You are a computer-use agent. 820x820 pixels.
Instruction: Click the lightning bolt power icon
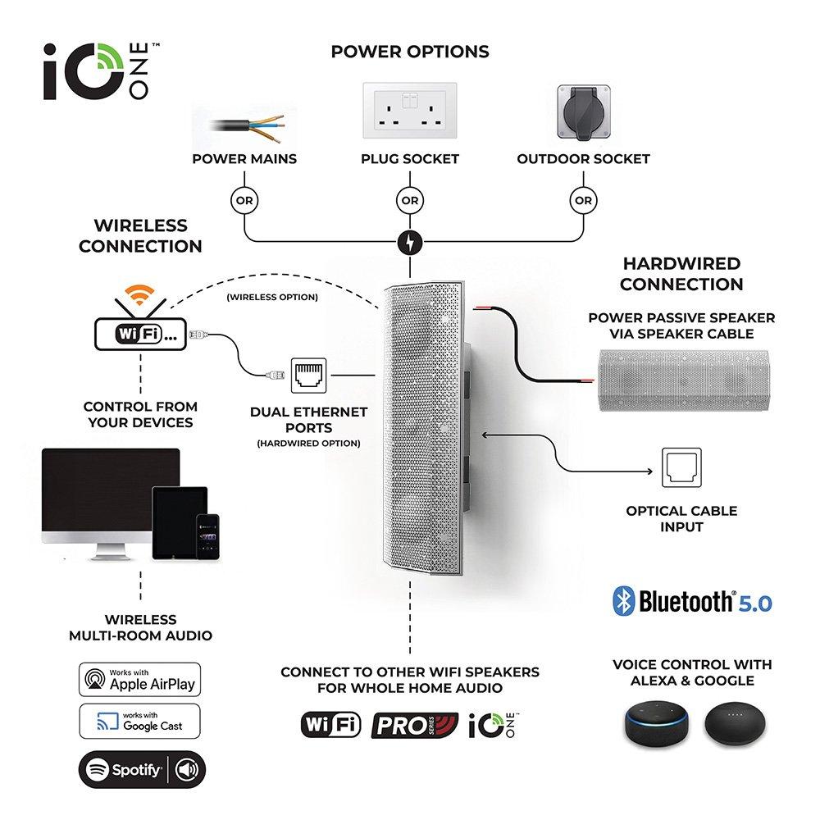(410, 243)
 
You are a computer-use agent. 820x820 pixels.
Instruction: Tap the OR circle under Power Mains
(244, 200)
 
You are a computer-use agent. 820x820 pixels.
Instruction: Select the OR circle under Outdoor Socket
(583, 200)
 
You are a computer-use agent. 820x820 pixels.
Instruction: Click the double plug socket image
(410, 111)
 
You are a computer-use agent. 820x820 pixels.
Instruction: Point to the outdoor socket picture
(584, 112)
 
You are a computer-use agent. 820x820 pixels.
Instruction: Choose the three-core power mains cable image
(247, 127)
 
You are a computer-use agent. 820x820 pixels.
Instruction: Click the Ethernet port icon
(308, 376)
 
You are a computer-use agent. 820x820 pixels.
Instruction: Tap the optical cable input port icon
(681, 467)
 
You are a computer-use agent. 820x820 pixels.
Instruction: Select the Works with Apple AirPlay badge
(139, 679)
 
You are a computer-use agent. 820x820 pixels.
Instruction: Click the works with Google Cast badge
(139, 721)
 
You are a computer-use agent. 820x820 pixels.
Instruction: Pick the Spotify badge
(142, 769)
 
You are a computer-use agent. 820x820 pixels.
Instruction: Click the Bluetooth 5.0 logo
(692, 601)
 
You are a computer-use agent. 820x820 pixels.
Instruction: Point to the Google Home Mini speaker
(735, 724)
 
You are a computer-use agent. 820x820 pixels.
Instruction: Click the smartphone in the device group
(207, 537)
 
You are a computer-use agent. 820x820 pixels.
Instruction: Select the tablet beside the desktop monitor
(180, 523)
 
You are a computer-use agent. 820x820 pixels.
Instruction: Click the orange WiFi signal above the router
(139, 295)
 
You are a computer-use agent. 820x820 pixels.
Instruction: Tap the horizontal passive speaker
(684, 380)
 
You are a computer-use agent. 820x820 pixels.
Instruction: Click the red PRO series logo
(415, 726)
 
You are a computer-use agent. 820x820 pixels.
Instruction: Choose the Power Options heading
(410, 52)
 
